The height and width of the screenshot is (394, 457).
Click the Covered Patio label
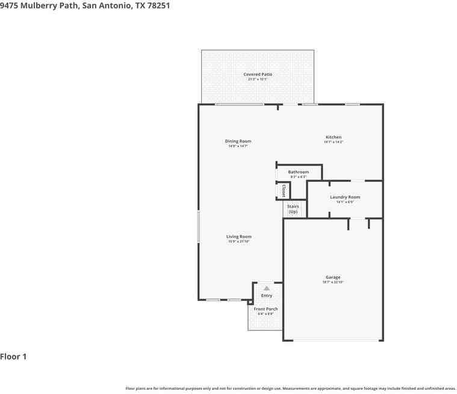point(258,75)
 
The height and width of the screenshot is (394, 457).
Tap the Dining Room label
point(238,141)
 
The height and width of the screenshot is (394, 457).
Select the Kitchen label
point(334,137)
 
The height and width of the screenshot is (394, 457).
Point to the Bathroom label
point(298,172)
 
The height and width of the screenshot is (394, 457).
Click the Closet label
point(284,191)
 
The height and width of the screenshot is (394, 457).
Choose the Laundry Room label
point(345,197)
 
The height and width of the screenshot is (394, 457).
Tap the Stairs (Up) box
point(293,209)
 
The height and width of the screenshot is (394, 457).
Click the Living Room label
point(239,237)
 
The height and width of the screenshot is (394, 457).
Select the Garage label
point(333,277)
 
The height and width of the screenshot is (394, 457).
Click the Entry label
point(267,295)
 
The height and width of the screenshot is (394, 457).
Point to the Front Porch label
point(266,309)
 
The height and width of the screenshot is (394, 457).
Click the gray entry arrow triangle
point(267,289)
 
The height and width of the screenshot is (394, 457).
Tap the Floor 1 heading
point(13,357)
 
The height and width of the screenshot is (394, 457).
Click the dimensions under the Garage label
point(333,282)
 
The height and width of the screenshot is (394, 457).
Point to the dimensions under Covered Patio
point(258,79)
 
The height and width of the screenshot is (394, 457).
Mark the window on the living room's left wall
point(199,226)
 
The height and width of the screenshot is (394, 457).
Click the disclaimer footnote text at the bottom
point(290,389)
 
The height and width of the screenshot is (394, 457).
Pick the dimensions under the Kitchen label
point(334,142)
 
